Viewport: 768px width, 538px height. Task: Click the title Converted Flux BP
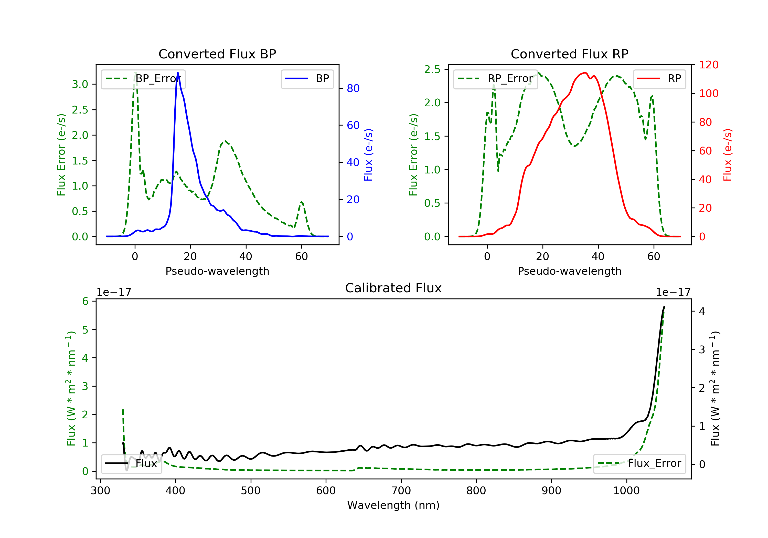[x=217, y=54]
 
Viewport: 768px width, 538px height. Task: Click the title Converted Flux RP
[x=569, y=54]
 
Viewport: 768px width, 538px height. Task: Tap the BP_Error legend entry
[x=143, y=79]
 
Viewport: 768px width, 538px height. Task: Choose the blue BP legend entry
[x=307, y=79]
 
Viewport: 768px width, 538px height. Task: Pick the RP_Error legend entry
[x=495, y=79]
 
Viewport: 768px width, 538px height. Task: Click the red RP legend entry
[x=659, y=79]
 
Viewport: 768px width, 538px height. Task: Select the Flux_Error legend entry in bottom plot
[x=639, y=463]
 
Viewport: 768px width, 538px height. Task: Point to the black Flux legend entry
[x=132, y=463]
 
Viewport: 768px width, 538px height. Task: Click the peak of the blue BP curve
[x=178, y=73]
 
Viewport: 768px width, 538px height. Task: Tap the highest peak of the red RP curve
[x=585, y=73]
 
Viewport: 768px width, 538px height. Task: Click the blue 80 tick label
[x=353, y=88]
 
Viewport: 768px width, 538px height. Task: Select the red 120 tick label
[x=708, y=65]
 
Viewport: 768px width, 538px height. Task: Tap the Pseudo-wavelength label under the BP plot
[x=217, y=271]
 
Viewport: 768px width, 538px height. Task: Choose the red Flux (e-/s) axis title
[x=728, y=155]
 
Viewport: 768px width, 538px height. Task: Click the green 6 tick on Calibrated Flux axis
[x=85, y=301]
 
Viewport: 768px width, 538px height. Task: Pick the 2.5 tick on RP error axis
[x=432, y=69]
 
